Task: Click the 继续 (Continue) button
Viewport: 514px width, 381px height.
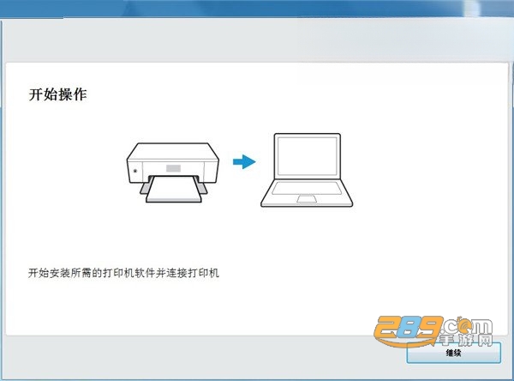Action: tap(454, 353)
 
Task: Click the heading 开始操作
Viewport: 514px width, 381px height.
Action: tap(57, 94)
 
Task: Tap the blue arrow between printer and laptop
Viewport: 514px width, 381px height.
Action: tap(244, 161)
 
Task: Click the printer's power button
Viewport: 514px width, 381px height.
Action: tap(135, 171)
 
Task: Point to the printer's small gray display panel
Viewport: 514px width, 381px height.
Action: tap(173, 168)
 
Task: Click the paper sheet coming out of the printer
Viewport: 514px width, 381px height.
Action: tap(174, 189)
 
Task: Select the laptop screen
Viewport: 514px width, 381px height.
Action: tap(308, 156)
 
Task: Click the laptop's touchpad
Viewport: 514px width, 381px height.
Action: tap(307, 199)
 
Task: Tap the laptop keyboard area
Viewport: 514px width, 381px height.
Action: tap(307, 188)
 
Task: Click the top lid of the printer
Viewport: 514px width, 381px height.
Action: tap(173, 151)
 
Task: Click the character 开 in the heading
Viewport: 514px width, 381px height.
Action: tap(36, 94)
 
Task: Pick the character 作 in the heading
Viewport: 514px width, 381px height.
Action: tap(80, 94)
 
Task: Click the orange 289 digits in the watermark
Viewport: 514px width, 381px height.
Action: tap(408, 330)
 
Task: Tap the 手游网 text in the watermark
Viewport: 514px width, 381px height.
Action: tap(466, 340)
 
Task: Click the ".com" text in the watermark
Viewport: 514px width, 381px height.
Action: tap(466, 325)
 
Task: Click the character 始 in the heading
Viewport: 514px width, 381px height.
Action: tap(51, 94)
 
